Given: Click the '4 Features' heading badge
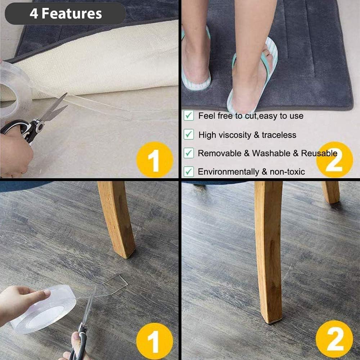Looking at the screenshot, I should click(65, 14).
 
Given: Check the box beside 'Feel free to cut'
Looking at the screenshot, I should click(189, 116).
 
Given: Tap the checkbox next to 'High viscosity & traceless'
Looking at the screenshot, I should click(189, 135).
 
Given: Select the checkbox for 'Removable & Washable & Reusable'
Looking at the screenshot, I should click(189, 153).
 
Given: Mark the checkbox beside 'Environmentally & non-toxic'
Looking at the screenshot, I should click(189, 172).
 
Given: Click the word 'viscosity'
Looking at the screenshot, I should click(234, 135).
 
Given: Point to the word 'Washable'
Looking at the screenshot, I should click(271, 153).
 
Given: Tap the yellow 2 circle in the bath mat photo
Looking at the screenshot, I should click(334, 159).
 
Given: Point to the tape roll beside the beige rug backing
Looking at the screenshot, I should click(14, 90).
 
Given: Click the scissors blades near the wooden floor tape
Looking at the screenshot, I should click(86, 317).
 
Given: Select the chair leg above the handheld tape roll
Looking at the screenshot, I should click(117, 220).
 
